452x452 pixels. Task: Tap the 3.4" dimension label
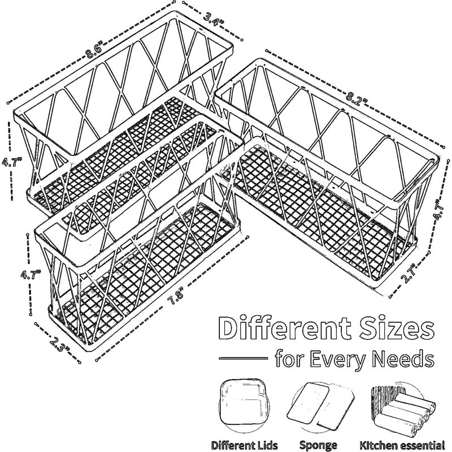[x=214, y=19]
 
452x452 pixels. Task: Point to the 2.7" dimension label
[x=408, y=273]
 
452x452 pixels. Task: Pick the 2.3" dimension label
[x=60, y=344]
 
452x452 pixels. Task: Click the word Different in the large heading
[x=285, y=329]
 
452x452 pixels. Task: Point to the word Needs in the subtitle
[x=403, y=358]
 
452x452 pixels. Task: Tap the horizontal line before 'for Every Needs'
[x=244, y=358]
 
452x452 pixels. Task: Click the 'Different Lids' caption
[x=245, y=445]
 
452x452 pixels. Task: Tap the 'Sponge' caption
[x=318, y=445]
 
